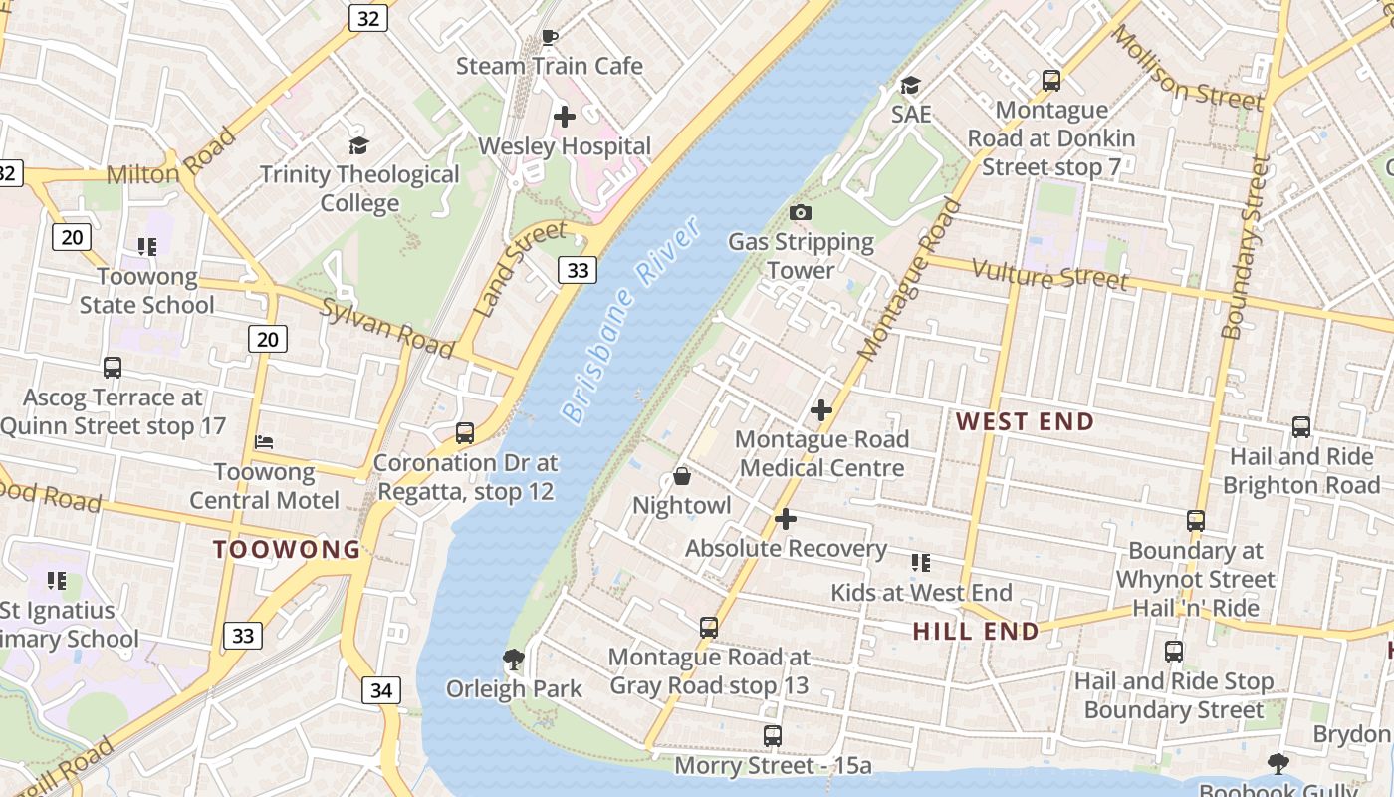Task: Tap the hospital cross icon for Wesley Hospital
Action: pos(565,117)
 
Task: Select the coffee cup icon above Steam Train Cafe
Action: pos(549,38)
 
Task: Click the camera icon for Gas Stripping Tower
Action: pos(800,212)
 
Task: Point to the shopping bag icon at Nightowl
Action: pos(682,476)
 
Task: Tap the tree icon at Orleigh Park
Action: pos(514,659)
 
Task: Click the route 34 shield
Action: pos(382,690)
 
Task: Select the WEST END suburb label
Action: pos(1025,421)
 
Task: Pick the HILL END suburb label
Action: pos(976,631)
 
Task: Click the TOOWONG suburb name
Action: pos(288,549)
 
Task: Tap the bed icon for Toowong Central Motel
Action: pos(264,441)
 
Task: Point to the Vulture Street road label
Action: pos(1049,275)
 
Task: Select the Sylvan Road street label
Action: pos(387,327)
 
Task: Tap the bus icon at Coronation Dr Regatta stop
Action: pos(465,433)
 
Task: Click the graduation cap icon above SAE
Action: pos(910,85)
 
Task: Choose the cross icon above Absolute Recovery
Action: pos(786,519)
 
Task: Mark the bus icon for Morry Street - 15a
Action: pos(773,736)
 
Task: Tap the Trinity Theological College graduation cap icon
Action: pos(359,145)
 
